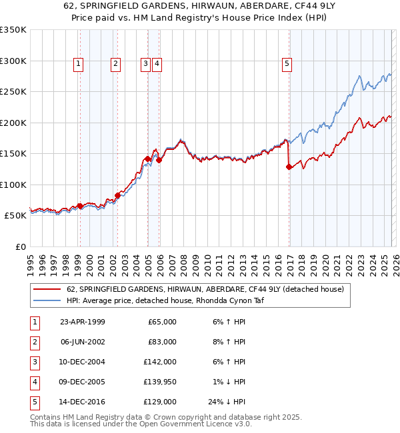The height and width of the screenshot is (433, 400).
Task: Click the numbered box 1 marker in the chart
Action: point(79,64)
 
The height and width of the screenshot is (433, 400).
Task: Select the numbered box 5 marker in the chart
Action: point(287,64)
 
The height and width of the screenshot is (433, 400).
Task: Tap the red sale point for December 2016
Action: point(289,167)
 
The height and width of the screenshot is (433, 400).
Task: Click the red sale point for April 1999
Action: point(80,207)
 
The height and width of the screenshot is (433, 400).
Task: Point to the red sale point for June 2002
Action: point(117,195)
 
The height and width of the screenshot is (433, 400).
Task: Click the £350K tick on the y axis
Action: point(13,30)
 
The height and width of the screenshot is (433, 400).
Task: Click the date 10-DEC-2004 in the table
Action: point(83,362)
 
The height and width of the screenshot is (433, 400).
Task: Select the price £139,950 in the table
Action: point(160,382)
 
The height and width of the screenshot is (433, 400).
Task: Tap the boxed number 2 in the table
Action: point(34,342)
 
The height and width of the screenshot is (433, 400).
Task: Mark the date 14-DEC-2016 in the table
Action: point(83,402)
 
